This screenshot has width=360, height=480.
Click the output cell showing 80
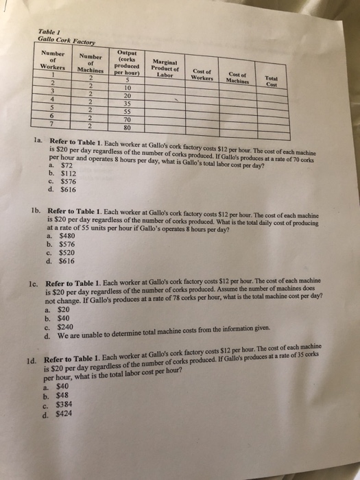pos(127,127)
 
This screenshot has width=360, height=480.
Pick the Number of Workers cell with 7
pos(52,125)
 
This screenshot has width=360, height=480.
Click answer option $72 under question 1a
pos(67,165)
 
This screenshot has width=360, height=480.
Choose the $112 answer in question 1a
pos(68,173)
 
